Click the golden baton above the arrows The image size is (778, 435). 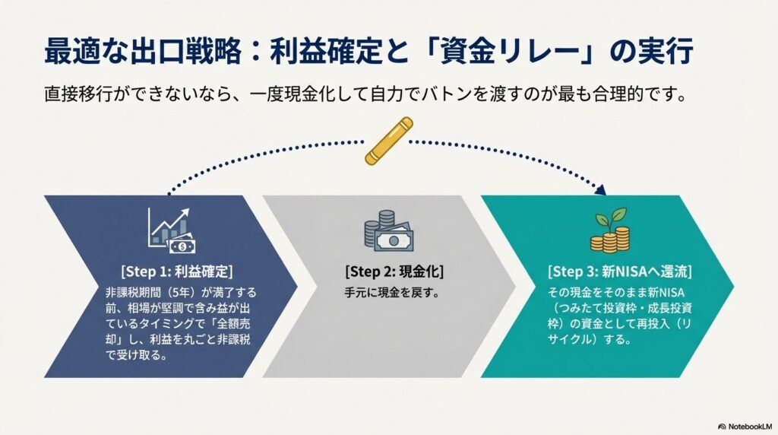point(388,140)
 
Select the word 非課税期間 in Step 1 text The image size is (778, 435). point(134,293)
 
